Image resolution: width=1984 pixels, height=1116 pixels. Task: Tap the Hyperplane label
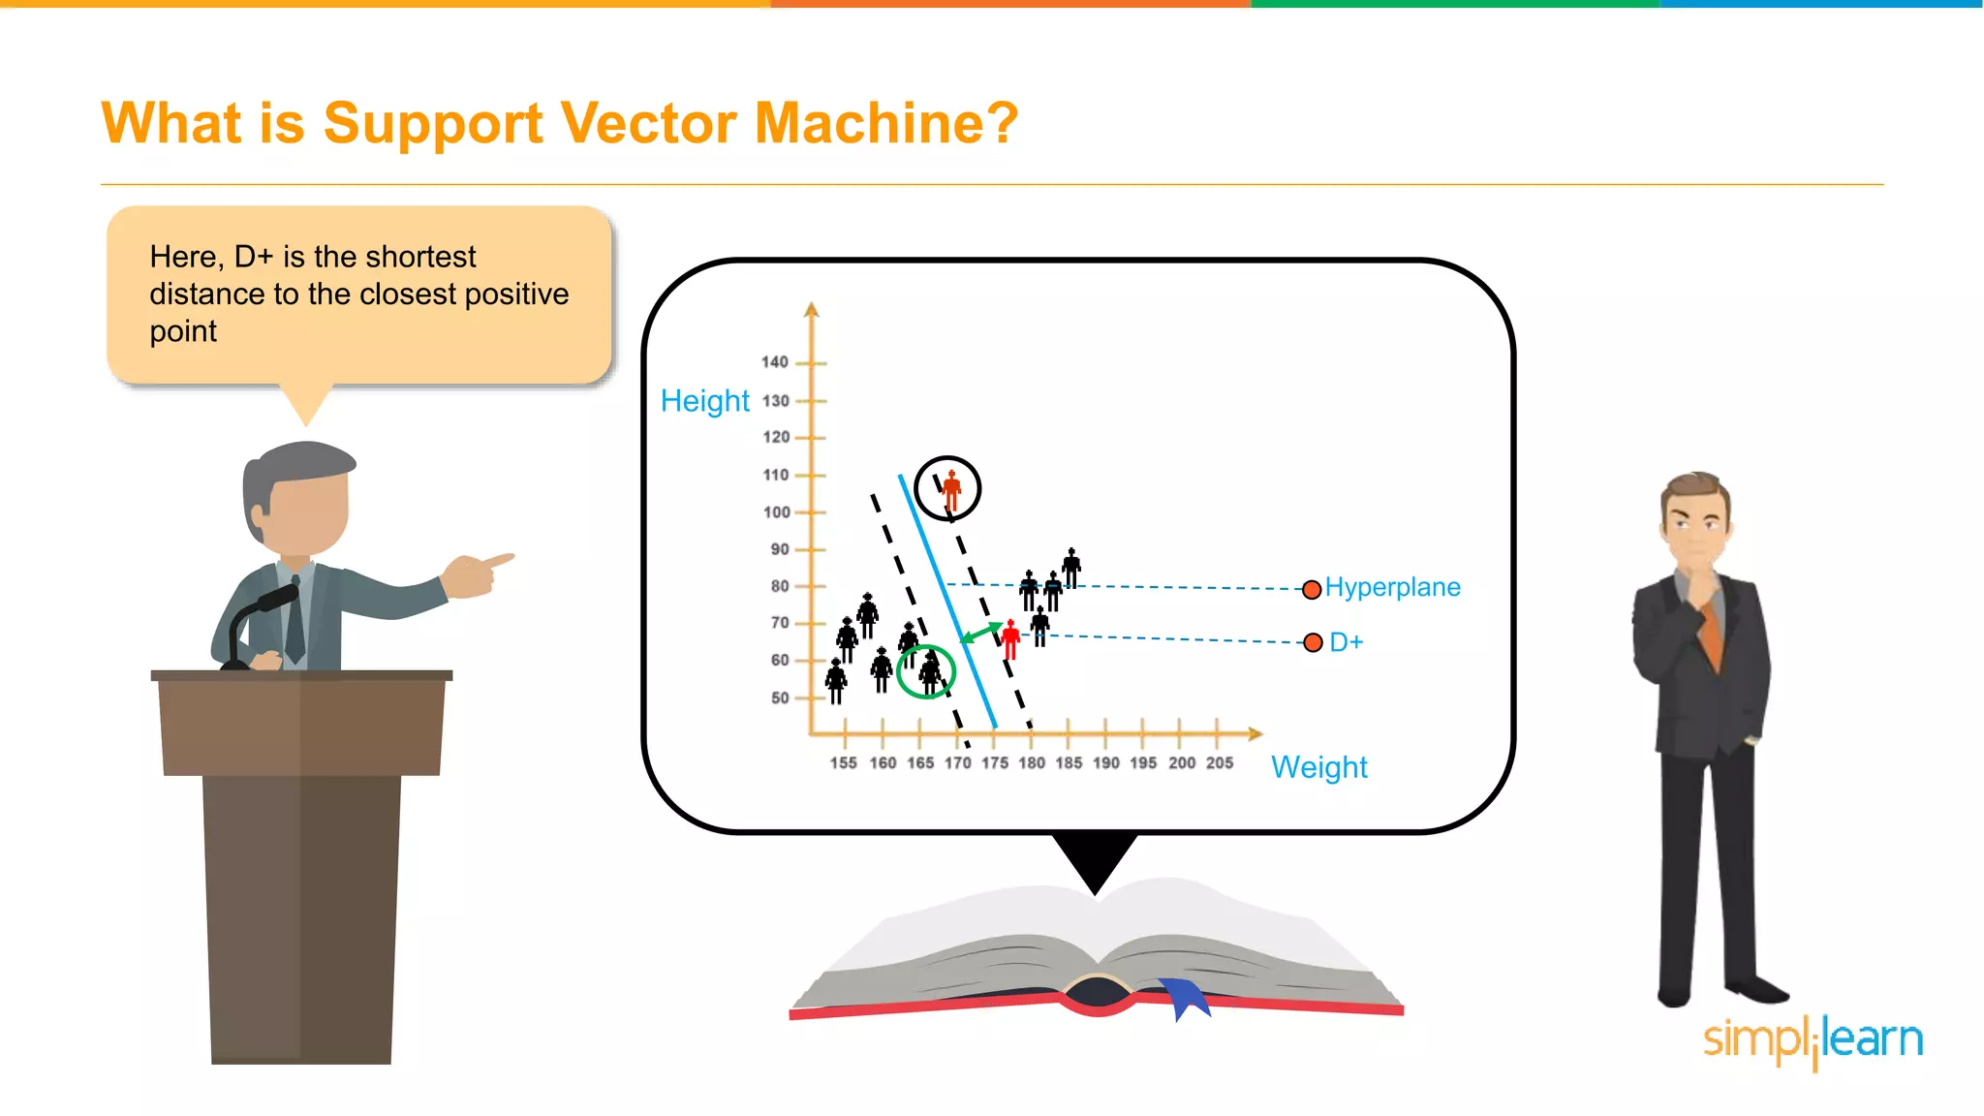[x=1392, y=587]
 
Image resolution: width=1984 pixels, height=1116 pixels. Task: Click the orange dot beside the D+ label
[x=1313, y=642]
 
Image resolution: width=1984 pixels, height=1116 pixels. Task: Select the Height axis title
[x=704, y=401]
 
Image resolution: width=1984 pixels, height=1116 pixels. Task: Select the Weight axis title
[x=1318, y=767]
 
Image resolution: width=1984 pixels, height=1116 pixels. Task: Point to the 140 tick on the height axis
[x=775, y=362]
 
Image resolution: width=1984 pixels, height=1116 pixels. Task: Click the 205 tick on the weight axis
[x=1219, y=762]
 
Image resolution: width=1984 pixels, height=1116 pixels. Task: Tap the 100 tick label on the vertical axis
[x=776, y=511]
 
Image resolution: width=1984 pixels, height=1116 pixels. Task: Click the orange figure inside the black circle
[x=951, y=490]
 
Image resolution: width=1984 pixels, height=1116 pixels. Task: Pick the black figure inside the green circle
[x=930, y=672]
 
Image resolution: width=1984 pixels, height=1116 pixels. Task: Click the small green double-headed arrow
[x=980, y=634]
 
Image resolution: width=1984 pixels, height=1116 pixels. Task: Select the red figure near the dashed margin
[x=1010, y=639]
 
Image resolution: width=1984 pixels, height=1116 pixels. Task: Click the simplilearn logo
[x=1813, y=1040]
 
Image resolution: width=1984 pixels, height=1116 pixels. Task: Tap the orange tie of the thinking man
[x=1712, y=635]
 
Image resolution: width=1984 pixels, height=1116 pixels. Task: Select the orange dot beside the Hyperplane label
[x=1312, y=589]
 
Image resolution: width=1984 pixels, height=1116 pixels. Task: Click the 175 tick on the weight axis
[x=994, y=762]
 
